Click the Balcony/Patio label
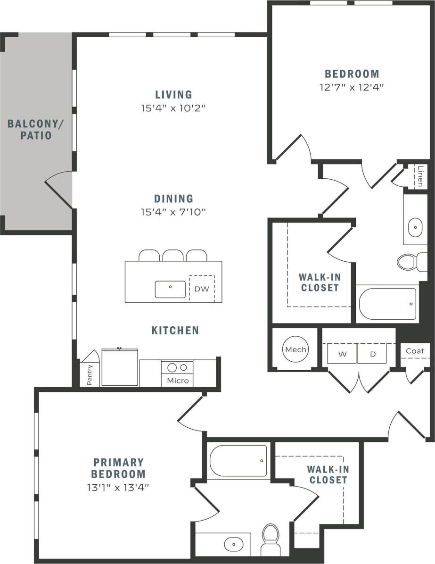coord(35,130)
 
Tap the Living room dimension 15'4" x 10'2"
coord(174,108)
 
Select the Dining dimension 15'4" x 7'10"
coord(174,212)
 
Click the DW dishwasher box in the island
coord(201,289)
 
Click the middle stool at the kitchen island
coord(173,255)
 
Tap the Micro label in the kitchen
coord(178,381)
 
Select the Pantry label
coord(90,375)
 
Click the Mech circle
coord(295,349)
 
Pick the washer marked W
coord(342,354)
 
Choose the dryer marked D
coord(372,354)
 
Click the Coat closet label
coord(415,350)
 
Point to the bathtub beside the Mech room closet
coord(387,304)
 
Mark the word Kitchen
coord(175,330)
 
